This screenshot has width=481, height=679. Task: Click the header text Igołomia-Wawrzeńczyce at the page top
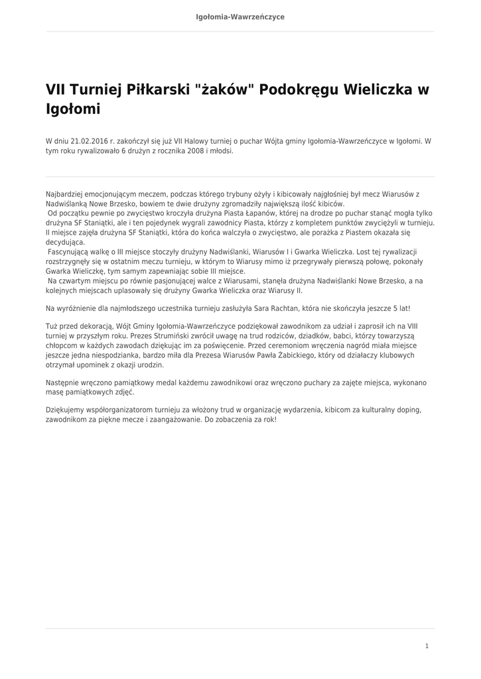(x=240, y=17)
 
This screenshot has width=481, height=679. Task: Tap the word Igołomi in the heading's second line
(x=73, y=109)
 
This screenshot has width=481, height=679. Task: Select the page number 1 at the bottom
(x=427, y=646)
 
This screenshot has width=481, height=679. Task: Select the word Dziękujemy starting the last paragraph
(x=68, y=410)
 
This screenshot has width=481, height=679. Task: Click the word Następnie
(x=63, y=383)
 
